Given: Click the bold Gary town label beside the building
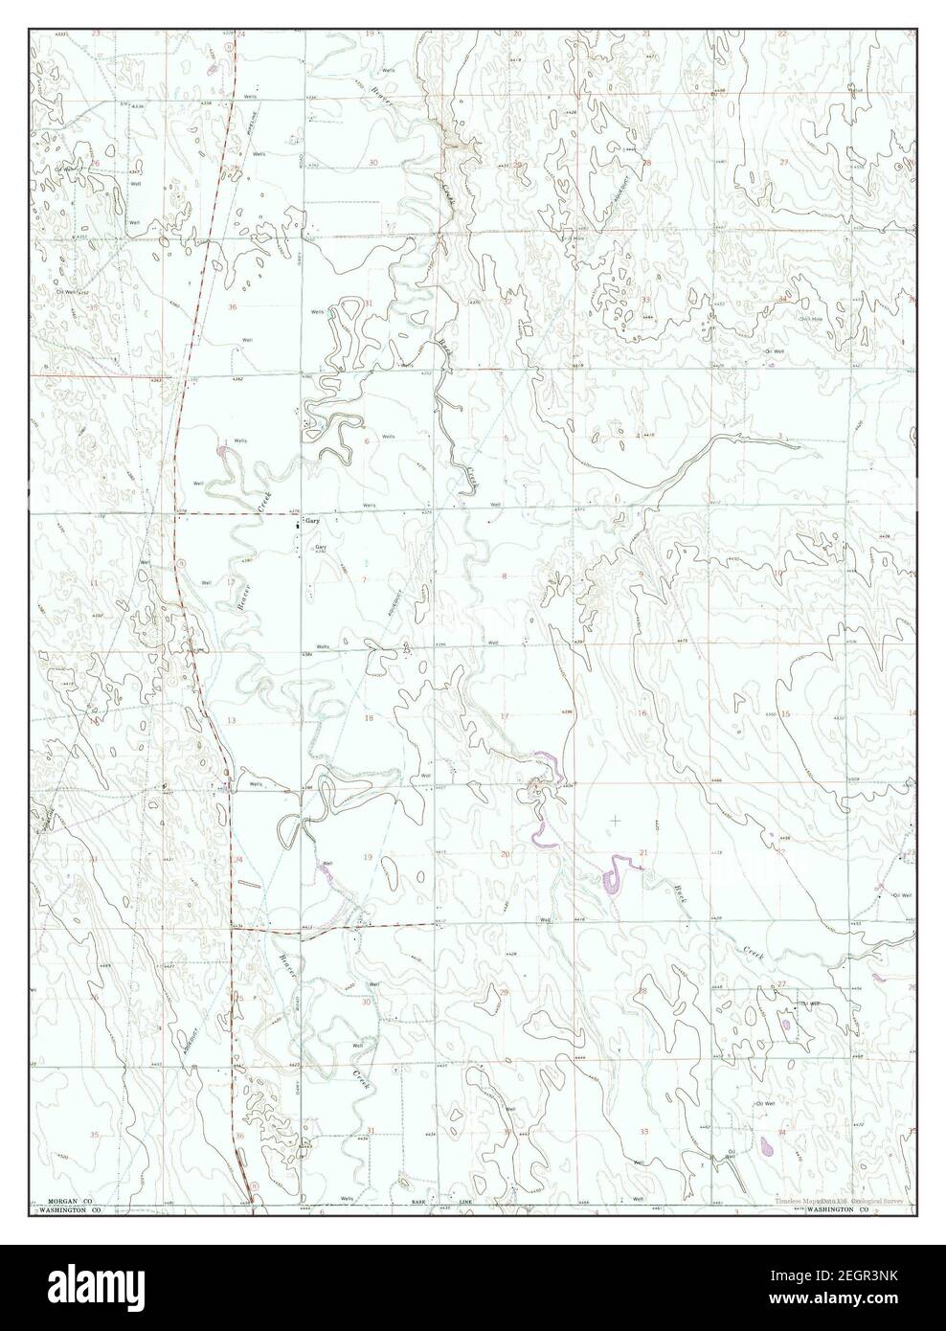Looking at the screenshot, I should pyautogui.click(x=312, y=523).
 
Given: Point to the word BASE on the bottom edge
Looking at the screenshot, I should pyautogui.click(x=417, y=1200).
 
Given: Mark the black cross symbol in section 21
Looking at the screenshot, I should pyautogui.click(x=614, y=821).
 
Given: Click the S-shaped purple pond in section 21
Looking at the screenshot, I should pyautogui.click(x=613, y=873).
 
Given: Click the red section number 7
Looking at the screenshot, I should pyautogui.click(x=364, y=580).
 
